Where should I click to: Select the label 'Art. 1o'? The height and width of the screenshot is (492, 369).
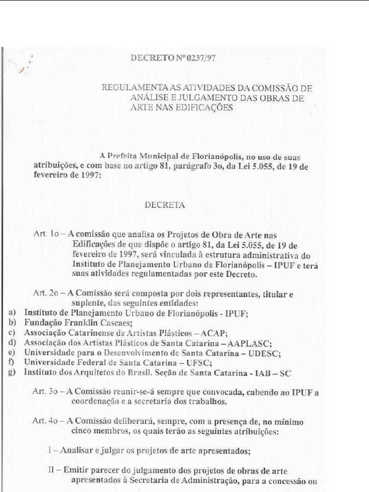45,234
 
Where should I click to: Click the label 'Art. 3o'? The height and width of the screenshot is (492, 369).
45,392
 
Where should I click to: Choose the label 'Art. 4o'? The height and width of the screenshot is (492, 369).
45,421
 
